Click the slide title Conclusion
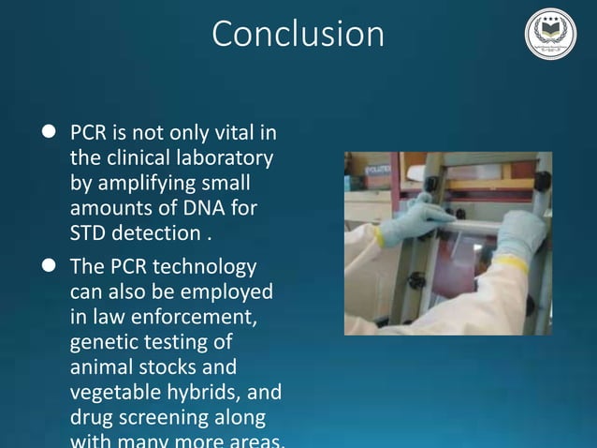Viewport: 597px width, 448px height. tap(298, 35)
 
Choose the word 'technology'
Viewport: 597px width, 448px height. tap(206, 267)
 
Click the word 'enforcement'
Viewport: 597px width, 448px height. tap(197, 317)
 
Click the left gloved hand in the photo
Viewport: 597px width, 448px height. tap(412, 221)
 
